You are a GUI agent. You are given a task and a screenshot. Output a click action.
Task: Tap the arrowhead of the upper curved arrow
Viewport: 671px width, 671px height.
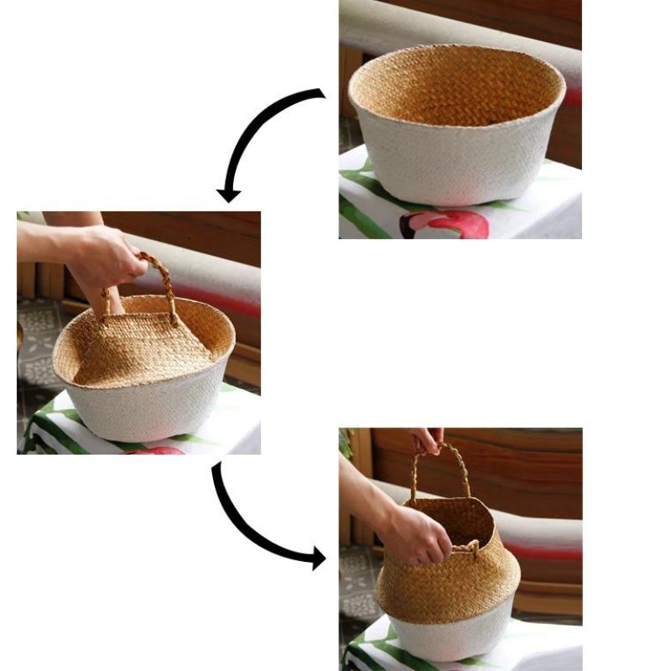pyautogui.click(x=228, y=195)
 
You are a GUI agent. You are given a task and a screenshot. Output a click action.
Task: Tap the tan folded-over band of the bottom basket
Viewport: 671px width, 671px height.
pyautogui.click(x=449, y=587)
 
